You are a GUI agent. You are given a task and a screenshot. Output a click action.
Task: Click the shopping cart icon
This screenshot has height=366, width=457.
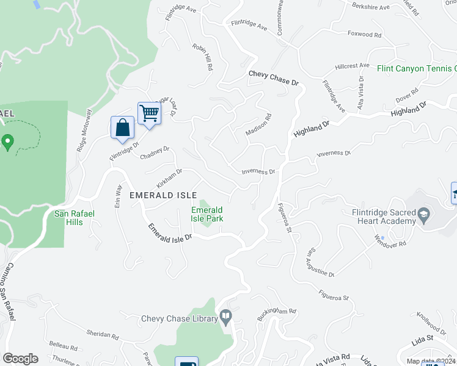tap(149, 113)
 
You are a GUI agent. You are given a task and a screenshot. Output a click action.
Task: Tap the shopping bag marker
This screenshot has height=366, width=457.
tap(123, 128)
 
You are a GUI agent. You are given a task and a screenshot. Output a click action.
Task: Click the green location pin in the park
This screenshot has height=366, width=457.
tap(8, 143)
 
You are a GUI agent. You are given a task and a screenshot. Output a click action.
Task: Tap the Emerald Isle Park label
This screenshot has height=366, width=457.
tap(207, 214)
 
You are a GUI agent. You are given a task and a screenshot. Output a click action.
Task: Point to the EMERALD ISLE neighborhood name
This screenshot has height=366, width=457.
tap(163, 195)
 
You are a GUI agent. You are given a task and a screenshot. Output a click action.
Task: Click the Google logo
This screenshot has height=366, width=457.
tap(21, 358)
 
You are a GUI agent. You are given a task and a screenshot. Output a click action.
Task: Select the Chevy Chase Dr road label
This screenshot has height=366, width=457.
tap(273, 79)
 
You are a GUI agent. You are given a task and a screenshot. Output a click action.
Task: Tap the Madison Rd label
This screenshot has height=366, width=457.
tap(258, 125)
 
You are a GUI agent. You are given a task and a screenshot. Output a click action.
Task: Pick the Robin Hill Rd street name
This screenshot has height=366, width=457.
tap(202, 57)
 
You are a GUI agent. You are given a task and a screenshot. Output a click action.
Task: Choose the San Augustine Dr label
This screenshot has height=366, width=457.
tap(321, 262)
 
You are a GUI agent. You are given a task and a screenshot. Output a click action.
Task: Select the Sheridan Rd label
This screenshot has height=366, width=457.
tap(102, 335)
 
